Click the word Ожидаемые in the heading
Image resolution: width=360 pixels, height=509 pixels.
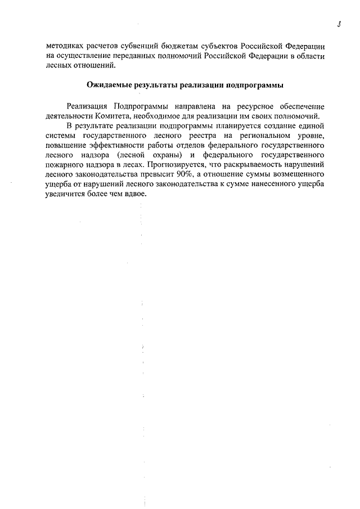point(109,85)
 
